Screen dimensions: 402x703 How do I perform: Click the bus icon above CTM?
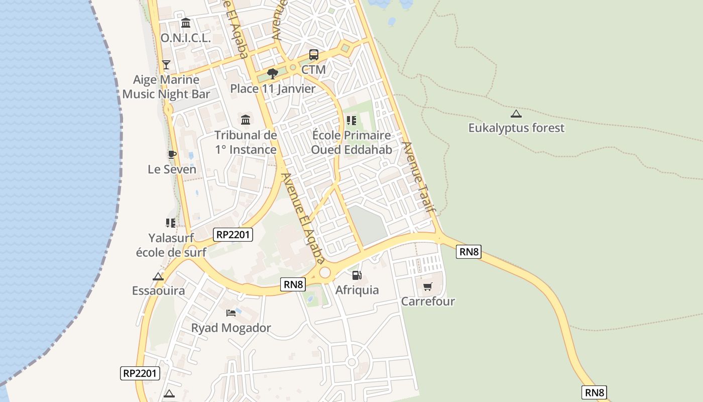pos(314,54)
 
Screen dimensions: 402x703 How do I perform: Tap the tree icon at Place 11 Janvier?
pos(273,74)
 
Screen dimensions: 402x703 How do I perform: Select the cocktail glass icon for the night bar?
pos(166,64)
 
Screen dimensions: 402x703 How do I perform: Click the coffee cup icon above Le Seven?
pos(172,154)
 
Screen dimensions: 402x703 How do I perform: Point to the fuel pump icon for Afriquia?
pos(357,275)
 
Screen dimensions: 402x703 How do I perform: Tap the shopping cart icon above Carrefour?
pos(428,286)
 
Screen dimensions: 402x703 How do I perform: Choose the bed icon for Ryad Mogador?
pos(231,313)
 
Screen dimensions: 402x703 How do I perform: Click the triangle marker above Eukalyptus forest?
pos(516,114)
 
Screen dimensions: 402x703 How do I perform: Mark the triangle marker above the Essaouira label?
pos(158,276)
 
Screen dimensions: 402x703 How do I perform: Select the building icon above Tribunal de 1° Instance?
pos(246,120)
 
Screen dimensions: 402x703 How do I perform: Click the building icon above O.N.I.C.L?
pos(186,23)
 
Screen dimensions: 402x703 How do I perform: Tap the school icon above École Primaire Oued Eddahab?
pos(351,121)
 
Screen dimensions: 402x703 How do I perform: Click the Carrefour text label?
pos(428,301)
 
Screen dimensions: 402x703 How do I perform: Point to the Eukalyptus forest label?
pos(516,128)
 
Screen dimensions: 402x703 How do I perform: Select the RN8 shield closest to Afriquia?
pos(294,284)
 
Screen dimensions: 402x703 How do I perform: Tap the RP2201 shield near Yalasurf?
pos(232,234)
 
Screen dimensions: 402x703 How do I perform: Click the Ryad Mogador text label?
pos(231,328)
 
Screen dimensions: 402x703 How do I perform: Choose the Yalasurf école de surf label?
pos(171,245)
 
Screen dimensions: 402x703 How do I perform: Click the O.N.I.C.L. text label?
pos(185,38)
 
